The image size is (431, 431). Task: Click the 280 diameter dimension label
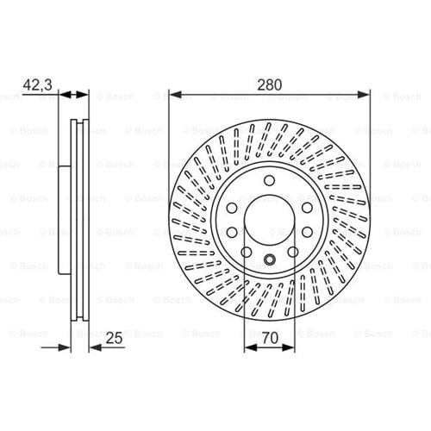(x=269, y=84)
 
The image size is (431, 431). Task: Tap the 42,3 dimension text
(x=37, y=84)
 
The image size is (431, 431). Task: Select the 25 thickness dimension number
(x=114, y=338)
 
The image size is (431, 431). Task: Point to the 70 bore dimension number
(x=270, y=338)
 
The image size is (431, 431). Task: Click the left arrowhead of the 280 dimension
(x=175, y=95)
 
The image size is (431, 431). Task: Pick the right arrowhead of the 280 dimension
(x=363, y=95)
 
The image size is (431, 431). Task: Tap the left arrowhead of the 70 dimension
(x=250, y=347)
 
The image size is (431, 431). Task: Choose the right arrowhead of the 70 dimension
(x=289, y=347)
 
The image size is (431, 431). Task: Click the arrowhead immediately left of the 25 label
(x=96, y=347)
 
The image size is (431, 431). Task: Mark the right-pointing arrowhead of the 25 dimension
(x=65, y=347)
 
